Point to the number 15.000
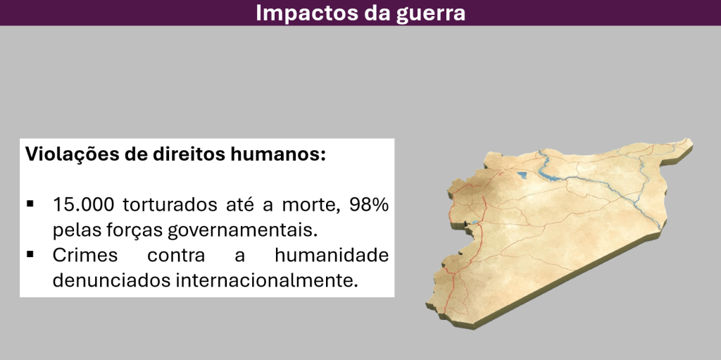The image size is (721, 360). coord(83,204)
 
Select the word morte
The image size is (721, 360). coord(311,205)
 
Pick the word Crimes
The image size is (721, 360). coord(85,254)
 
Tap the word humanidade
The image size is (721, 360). coord(332,254)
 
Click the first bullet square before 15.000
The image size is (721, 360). coord(30,204)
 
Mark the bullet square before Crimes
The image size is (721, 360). coord(30,254)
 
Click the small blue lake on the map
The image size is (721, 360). coord(522,175)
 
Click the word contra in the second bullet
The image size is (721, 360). coord(176,255)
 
